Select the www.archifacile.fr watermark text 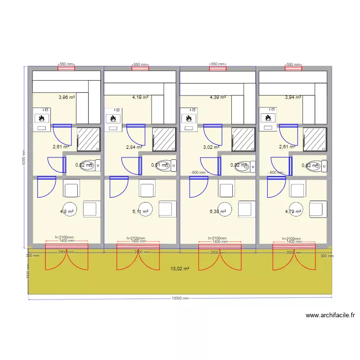point(330,315)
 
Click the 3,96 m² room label point(67,97)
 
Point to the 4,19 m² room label point(140,97)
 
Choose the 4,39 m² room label point(218,97)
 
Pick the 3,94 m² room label point(293,97)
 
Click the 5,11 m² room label point(140,211)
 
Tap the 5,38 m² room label point(218,211)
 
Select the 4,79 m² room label point(293,211)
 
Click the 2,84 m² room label point(134,147)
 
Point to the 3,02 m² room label point(211,147)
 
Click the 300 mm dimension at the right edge point(327,256)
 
